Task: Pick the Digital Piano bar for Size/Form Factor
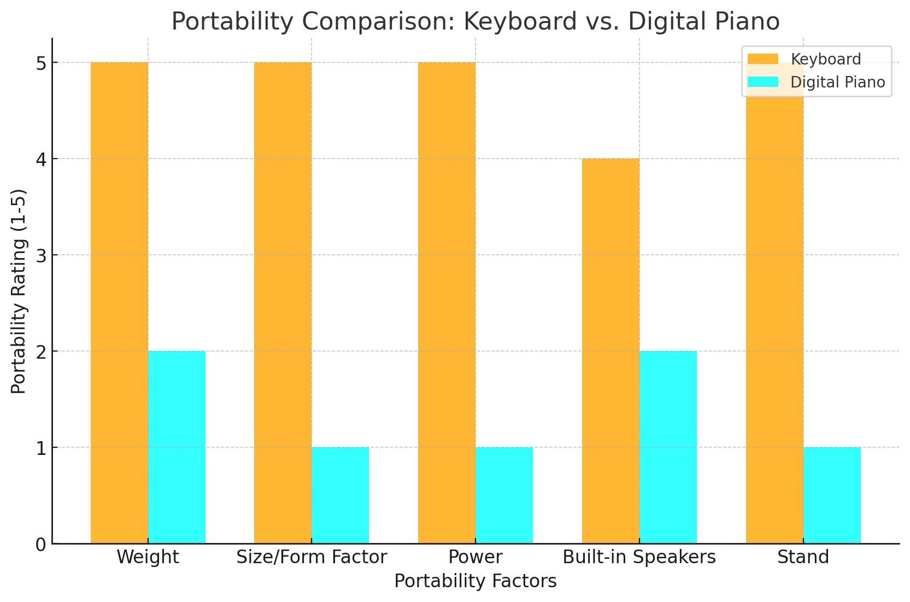pyautogui.click(x=340, y=495)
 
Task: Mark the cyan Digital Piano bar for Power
pyautogui.click(x=504, y=495)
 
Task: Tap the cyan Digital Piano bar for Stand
pyautogui.click(x=832, y=495)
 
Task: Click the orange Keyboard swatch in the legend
pyautogui.click(x=762, y=59)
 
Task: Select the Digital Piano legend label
pyautogui.click(x=837, y=82)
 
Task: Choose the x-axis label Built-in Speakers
pyautogui.click(x=639, y=558)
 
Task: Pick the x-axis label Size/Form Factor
pyautogui.click(x=312, y=558)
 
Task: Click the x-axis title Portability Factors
pyautogui.click(x=475, y=581)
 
